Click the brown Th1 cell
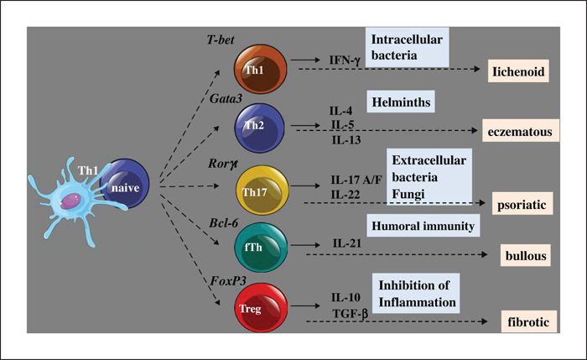(261, 69)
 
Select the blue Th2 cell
(259, 128)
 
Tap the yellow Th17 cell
(262, 190)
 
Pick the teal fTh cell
(261, 247)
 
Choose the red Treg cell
(261, 307)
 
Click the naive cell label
(125, 188)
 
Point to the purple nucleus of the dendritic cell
(70, 201)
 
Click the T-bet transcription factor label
(221, 39)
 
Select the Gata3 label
(226, 98)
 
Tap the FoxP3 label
(228, 281)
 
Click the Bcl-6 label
(224, 223)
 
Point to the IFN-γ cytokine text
(345, 60)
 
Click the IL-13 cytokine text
(346, 140)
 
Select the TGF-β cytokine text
(350, 314)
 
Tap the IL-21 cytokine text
(347, 243)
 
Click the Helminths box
(401, 102)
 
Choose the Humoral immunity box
(423, 226)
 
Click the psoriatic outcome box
(522, 204)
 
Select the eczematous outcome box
(521, 131)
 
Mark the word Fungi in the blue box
(408, 194)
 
